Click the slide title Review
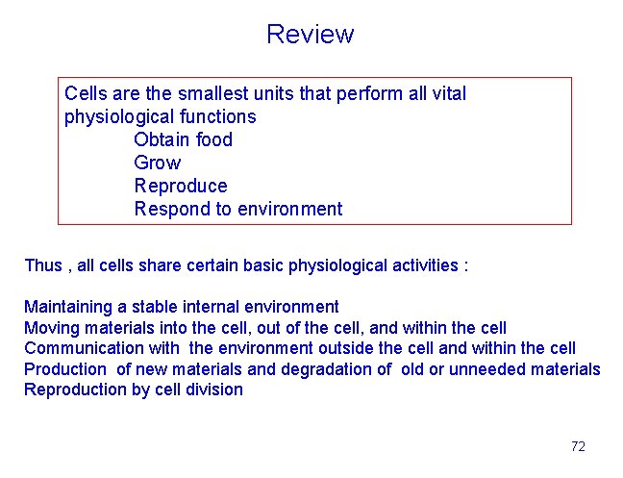tap(310, 35)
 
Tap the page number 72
tap(578, 446)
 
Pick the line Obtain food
tap(183, 140)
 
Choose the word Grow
tap(157, 164)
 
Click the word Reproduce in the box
tap(181, 186)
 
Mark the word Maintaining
tap(68, 308)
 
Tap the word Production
tap(65, 369)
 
